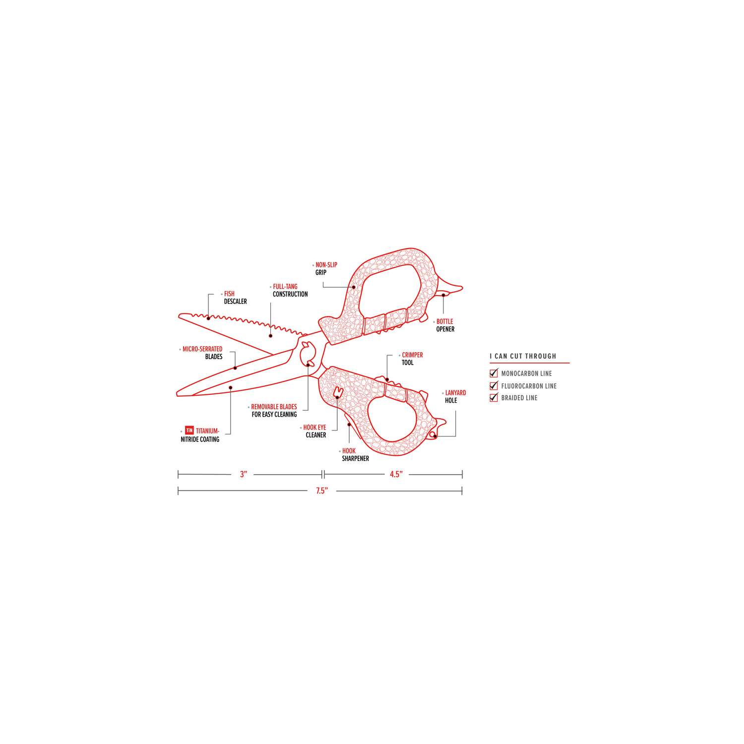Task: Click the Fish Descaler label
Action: click(x=235, y=298)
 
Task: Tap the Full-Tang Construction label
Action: click(x=290, y=290)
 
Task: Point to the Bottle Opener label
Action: click(x=445, y=325)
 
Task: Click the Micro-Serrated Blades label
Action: click(x=202, y=353)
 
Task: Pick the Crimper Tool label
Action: click(x=412, y=359)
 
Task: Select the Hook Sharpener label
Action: click(x=355, y=454)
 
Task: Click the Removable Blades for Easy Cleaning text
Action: click(x=274, y=410)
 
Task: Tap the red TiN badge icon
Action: click(x=188, y=431)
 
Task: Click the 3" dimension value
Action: click(x=243, y=474)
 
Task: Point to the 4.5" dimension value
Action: click(x=395, y=474)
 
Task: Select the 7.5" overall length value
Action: click(x=322, y=491)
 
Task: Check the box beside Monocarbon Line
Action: click(x=494, y=373)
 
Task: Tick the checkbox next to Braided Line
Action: click(x=494, y=397)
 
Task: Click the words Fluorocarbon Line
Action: click(x=529, y=386)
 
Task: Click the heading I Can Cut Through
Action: click(x=523, y=356)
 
